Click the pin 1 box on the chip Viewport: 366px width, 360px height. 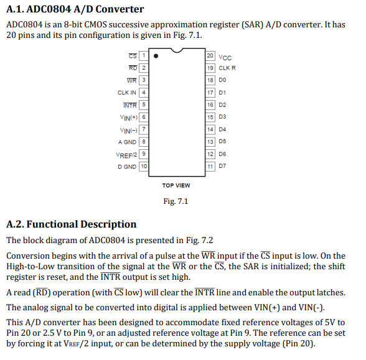144,55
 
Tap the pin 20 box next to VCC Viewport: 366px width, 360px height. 210,55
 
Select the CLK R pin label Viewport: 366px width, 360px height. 227,68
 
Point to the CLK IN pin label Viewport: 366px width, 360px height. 127,92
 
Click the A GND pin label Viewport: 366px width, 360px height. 127,142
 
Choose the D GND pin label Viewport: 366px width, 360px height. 127,167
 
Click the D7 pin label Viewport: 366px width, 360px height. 223,167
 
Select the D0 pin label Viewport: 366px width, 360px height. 223,80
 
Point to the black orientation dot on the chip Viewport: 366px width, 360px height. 156,56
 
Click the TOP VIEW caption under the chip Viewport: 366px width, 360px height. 176,185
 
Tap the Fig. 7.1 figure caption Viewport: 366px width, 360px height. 176,201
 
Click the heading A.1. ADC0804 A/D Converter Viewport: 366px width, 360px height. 75,9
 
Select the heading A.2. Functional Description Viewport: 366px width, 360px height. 71,224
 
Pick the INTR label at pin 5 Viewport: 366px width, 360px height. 130,104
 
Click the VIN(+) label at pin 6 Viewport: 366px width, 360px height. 129,117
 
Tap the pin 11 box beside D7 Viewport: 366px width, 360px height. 210,167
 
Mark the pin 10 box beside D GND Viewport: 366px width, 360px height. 144,167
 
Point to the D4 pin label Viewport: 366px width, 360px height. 223,129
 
